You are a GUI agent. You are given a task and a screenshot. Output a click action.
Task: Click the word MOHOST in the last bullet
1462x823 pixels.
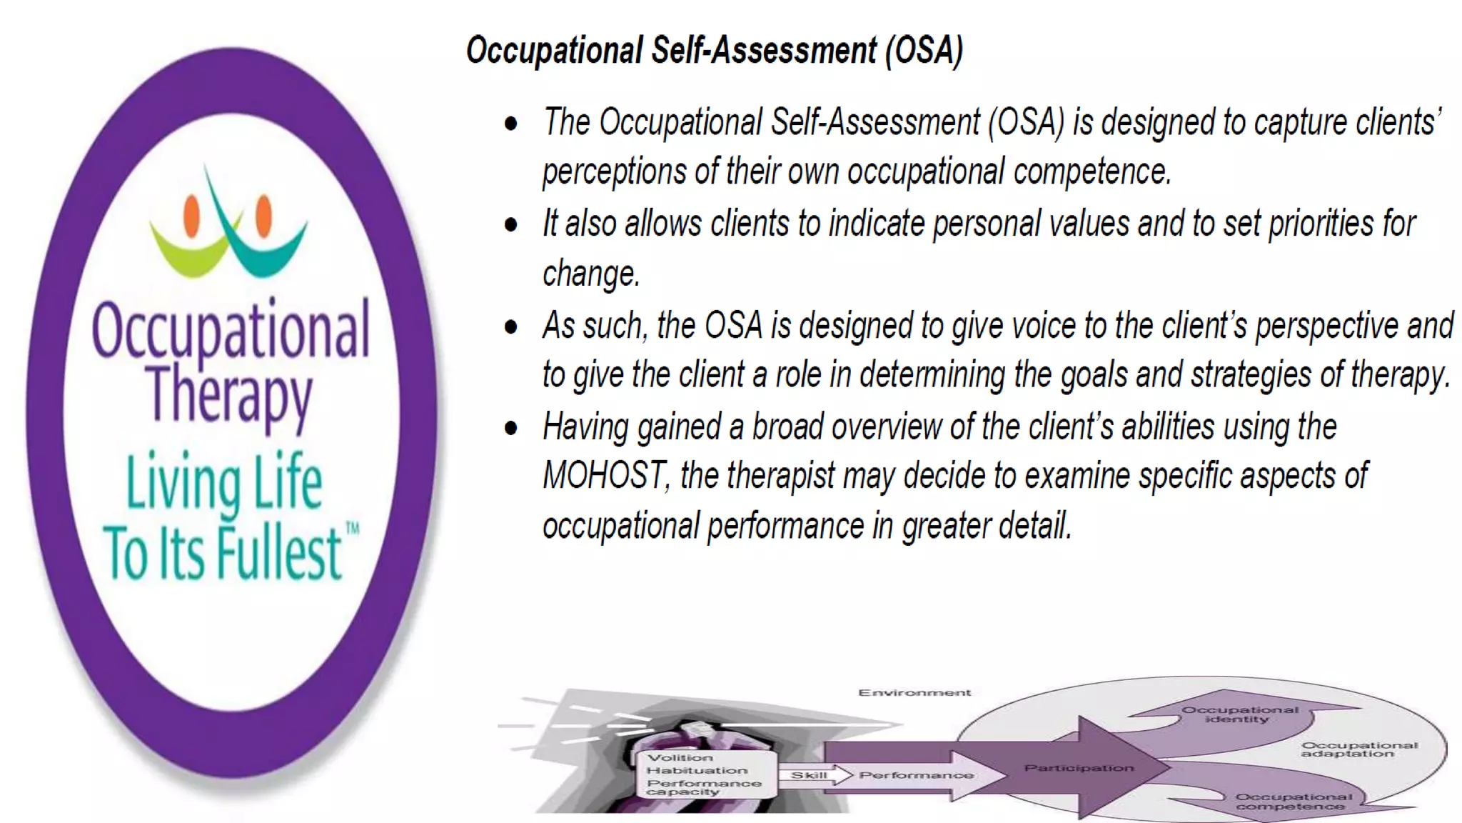[605, 476]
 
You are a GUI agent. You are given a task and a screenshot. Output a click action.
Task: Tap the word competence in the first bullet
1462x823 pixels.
[1092, 172]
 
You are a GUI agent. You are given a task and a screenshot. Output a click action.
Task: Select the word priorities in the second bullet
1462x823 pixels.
[1320, 224]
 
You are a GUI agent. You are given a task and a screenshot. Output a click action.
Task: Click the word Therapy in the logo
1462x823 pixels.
[230, 394]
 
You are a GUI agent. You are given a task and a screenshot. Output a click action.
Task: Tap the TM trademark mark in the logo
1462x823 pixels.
[353, 529]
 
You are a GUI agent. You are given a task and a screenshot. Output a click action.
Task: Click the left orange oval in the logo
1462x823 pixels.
[191, 216]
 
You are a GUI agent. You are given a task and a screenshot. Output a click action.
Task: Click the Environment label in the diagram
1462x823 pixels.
[914, 692]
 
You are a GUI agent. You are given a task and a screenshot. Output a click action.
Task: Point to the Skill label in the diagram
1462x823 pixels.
[808, 775]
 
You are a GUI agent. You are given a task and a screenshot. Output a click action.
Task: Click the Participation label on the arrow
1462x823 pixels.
[1079, 768]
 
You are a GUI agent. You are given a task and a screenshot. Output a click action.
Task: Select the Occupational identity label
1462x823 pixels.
[1239, 714]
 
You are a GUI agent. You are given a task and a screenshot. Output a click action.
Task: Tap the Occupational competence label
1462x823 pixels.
[1293, 802]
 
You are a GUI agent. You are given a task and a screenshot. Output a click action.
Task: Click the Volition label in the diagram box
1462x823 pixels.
[680, 757]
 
